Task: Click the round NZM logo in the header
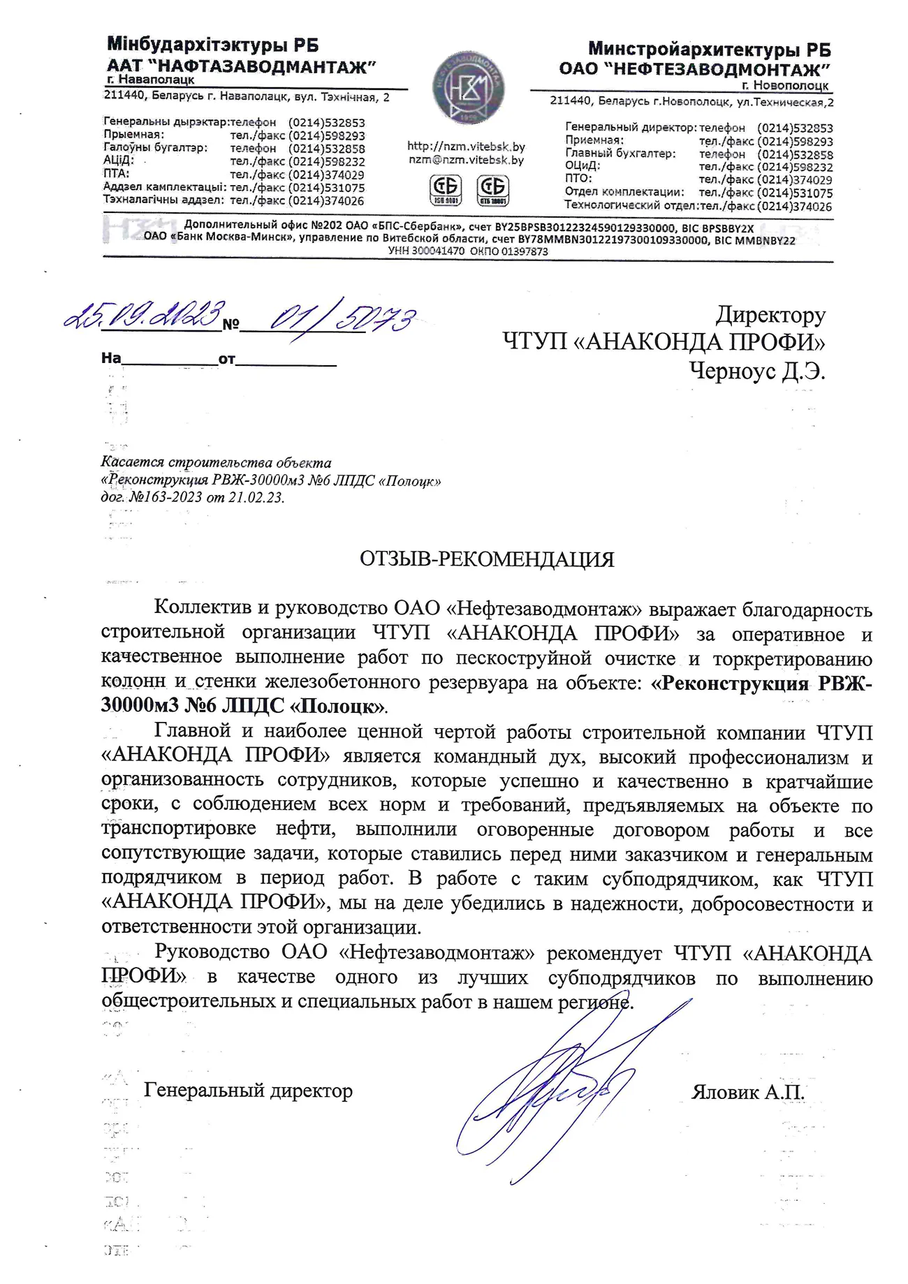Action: click(468, 89)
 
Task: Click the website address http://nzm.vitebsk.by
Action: click(466, 147)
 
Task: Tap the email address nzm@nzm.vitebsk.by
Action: click(466, 160)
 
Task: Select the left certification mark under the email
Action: click(445, 189)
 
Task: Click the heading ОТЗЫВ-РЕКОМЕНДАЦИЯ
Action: click(487, 559)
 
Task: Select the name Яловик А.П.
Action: click(747, 1092)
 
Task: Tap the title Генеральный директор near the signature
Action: click(248, 1090)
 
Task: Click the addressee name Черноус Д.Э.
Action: click(757, 371)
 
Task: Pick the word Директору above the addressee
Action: click(770, 315)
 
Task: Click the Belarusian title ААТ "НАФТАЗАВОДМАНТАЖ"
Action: click(241, 67)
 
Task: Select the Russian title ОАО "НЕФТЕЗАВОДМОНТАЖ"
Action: click(694, 69)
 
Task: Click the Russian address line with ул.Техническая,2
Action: click(691, 102)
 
